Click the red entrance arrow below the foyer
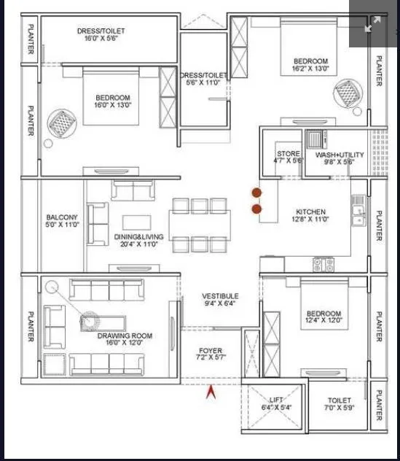(x=211, y=393)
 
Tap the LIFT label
(x=275, y=400)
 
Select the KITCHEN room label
(x=310, y=212)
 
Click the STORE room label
(x=288, y=155)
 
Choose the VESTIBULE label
(x=220, y=296)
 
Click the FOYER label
(x=210, y=352)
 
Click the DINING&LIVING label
(x=138, y=237)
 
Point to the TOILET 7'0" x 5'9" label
(x=339, y=400)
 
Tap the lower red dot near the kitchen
(x=256, y=209)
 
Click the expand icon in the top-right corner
(x=372, y=24)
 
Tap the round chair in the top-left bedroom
(x=61, y=122)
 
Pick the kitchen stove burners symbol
(x=323, y=264)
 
